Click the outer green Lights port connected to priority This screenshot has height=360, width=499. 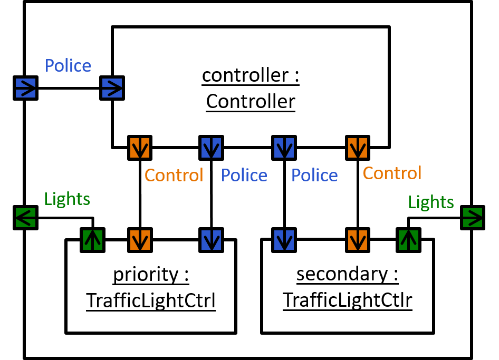(26, 217)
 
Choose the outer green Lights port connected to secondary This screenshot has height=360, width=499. (472, 217)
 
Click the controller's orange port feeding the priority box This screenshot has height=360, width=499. (140, 148)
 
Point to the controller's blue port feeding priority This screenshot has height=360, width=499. (211, 148)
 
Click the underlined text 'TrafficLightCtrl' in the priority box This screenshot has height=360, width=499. (150, 301)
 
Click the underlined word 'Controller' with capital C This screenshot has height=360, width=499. (251, 101)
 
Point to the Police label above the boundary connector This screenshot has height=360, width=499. (68, 66)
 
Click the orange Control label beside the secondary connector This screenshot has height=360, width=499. (392, 173)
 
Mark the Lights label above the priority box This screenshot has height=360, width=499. (67, 199)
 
